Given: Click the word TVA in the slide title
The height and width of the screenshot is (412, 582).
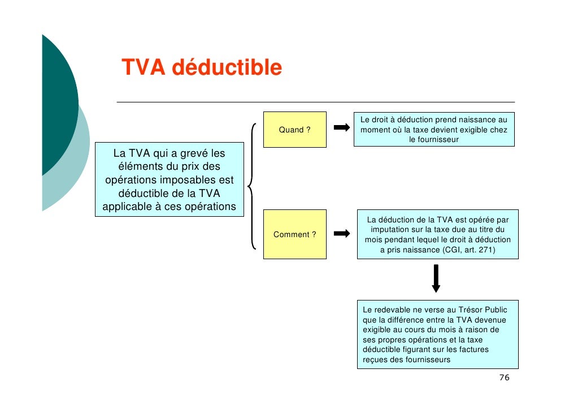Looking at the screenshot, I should click(143, 68).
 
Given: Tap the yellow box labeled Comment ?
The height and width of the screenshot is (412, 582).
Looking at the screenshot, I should click(294, 234).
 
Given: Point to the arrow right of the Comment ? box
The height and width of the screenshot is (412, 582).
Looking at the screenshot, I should click(341, 233).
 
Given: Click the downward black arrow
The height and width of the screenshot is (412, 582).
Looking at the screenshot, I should click(436, 278).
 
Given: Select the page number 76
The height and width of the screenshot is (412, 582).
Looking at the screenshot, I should click(505, 377).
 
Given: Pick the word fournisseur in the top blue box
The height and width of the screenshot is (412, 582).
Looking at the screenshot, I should click(434, 139).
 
